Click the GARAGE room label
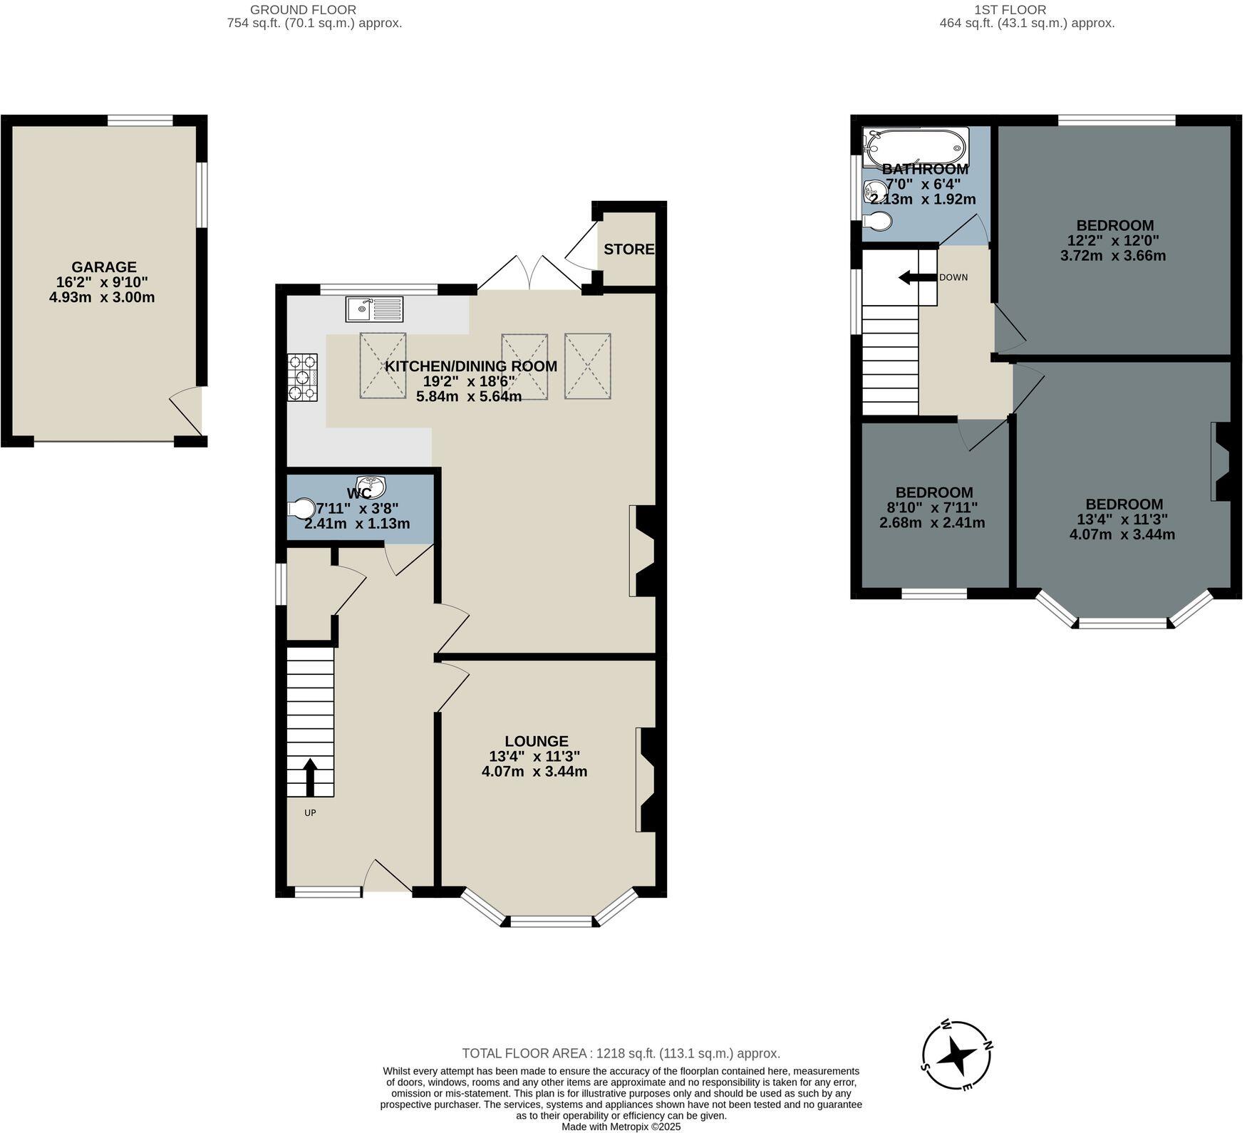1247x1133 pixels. [x=103, y=267]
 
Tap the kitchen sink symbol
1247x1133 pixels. [x=374, y=309]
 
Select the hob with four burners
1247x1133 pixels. [x=303, y=378]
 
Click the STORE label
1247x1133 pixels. [x=628, y=249]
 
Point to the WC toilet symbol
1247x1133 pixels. [x=302, y=509]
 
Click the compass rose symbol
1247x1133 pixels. [x=957, y=1055]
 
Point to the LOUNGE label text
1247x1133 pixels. [x=537, y=741]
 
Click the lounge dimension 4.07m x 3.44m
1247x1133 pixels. [x=534, y=771]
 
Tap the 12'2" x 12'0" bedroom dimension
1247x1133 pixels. [x=1113, y=241]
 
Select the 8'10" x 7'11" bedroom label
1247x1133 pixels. [x=933, y=507]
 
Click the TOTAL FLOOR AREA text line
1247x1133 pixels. [x=621, y=1053]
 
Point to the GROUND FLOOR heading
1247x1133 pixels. [x=303, y=10]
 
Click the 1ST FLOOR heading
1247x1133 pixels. [x=1010, y=10]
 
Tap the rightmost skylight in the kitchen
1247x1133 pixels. [x=588, y=366]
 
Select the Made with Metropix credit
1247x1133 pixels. [x=621, y=1127]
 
